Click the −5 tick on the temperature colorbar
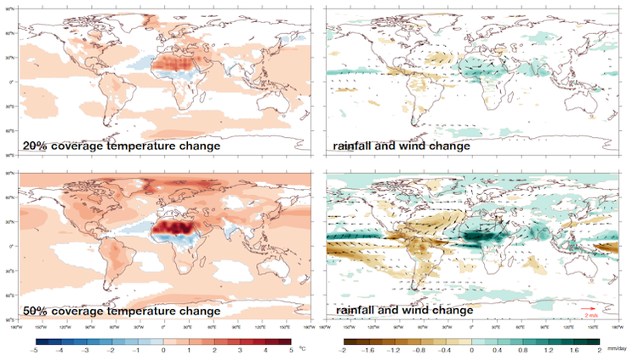coord(34,349)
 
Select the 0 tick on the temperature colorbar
coord(162,349)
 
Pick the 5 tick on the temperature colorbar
coord(290,349)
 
